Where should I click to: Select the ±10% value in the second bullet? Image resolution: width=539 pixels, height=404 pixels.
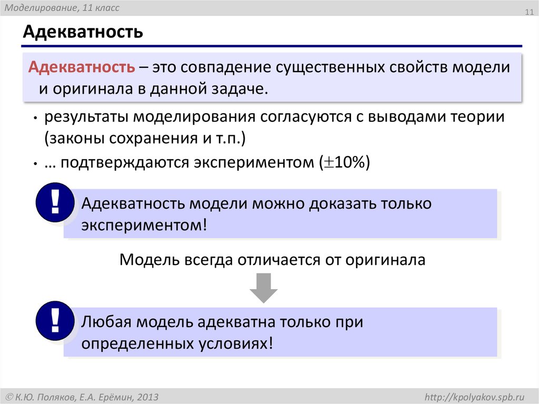point(345,163)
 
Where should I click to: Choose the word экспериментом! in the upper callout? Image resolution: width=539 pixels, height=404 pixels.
point(145,225)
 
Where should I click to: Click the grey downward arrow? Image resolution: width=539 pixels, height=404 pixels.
point(263,288)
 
